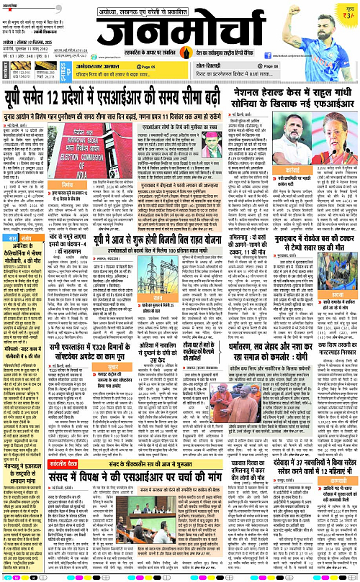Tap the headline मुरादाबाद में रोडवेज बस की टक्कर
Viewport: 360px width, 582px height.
click(297, 257)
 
